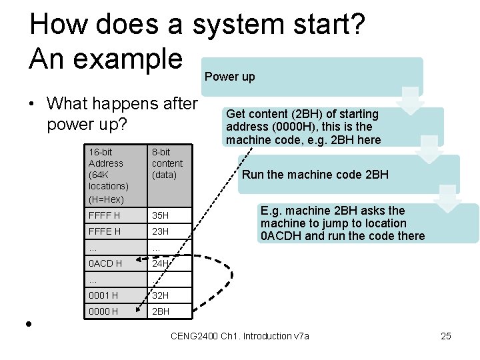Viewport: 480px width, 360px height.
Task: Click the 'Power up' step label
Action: tap(230, 77)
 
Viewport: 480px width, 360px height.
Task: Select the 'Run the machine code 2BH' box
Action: tap(315, 175)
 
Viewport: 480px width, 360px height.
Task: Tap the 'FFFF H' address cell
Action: tap(105, 215)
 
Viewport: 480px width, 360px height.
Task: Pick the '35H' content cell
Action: tap(161, 215)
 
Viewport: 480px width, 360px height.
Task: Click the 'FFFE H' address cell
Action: tap(105, 231)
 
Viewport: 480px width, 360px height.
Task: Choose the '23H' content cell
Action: tap(161, 231)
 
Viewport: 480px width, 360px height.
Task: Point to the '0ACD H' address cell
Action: tap(105, 263)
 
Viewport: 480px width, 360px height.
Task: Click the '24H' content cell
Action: tap(161, 263)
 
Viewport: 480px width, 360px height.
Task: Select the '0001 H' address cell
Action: tap(104, 295)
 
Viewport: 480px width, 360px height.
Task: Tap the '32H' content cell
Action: tap(161, 295)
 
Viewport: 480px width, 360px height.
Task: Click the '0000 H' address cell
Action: tap(104, 311)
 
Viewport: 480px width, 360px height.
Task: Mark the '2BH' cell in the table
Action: tap(161, 311)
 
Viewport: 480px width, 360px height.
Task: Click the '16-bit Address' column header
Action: tap(109, 175)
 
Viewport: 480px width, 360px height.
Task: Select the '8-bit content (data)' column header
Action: tap(167, 163)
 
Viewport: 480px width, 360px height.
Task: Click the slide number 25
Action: tap(446, 336)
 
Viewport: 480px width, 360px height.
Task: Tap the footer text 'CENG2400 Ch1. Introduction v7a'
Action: tap(240, 336)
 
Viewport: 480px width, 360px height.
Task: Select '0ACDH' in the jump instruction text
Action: tap(281, 236)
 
